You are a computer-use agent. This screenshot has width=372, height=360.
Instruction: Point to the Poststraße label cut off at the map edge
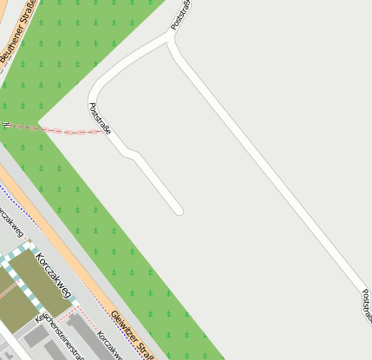click(366, 305)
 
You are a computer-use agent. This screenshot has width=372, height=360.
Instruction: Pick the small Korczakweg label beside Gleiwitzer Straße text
click(108, 344)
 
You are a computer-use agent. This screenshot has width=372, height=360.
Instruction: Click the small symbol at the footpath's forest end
click(7, 125)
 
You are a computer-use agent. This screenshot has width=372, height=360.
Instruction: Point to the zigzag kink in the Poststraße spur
click(131, 154)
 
